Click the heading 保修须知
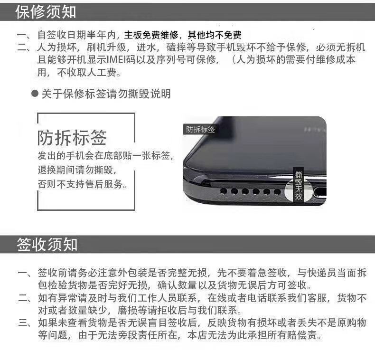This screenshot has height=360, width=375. (x=46, y=12)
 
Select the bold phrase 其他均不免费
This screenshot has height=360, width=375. (x=215, y=35)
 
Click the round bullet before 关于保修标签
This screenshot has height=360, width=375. (x=35, y=94)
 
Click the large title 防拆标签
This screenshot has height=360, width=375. (x=72, y=138)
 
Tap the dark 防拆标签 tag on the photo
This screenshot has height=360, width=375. (x=200, y=129)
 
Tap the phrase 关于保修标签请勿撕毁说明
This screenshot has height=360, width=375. (x=106, y=94)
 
